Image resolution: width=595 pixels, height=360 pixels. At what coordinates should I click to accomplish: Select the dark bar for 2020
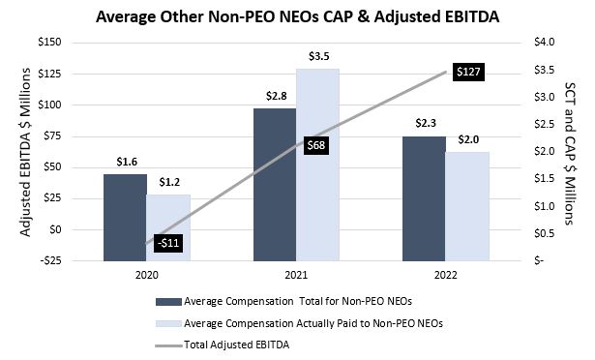[x=125, y=218]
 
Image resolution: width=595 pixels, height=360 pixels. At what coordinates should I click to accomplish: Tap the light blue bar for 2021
[x=317, y=165]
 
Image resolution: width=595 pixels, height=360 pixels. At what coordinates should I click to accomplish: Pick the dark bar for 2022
[x=423, y=198]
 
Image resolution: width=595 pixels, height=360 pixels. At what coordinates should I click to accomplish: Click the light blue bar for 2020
[x=168, y=227]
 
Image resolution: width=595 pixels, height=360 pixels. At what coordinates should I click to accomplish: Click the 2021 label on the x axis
[x=296, y=274]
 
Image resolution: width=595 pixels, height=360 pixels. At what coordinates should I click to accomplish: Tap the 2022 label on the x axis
[x=445, y=274]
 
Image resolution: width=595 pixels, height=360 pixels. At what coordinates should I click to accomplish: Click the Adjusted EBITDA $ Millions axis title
[x=20, y=151]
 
